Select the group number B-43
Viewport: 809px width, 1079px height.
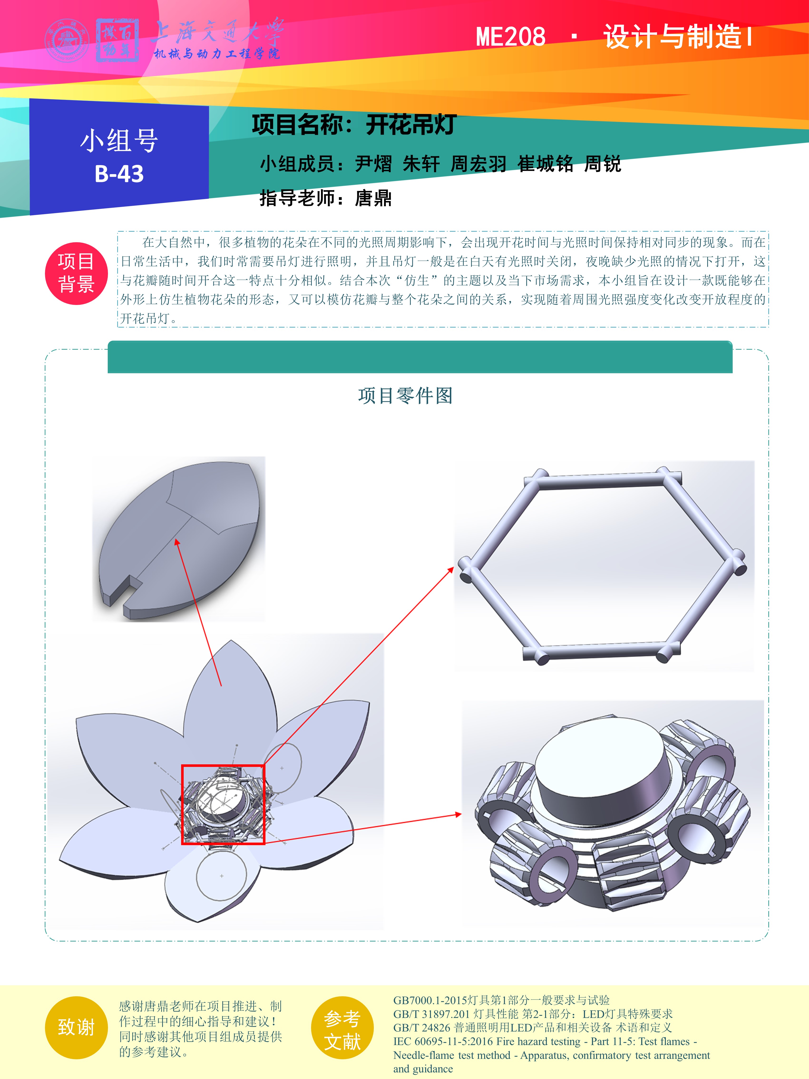tap(119, 174)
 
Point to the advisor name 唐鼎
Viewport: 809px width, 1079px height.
tap(373, 198)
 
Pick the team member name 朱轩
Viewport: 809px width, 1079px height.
tap(421, 164)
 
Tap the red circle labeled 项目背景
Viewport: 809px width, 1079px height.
tap(76, 273)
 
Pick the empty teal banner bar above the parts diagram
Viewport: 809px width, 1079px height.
tap(420, 357)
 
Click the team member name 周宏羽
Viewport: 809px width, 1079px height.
tap(478, 164)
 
